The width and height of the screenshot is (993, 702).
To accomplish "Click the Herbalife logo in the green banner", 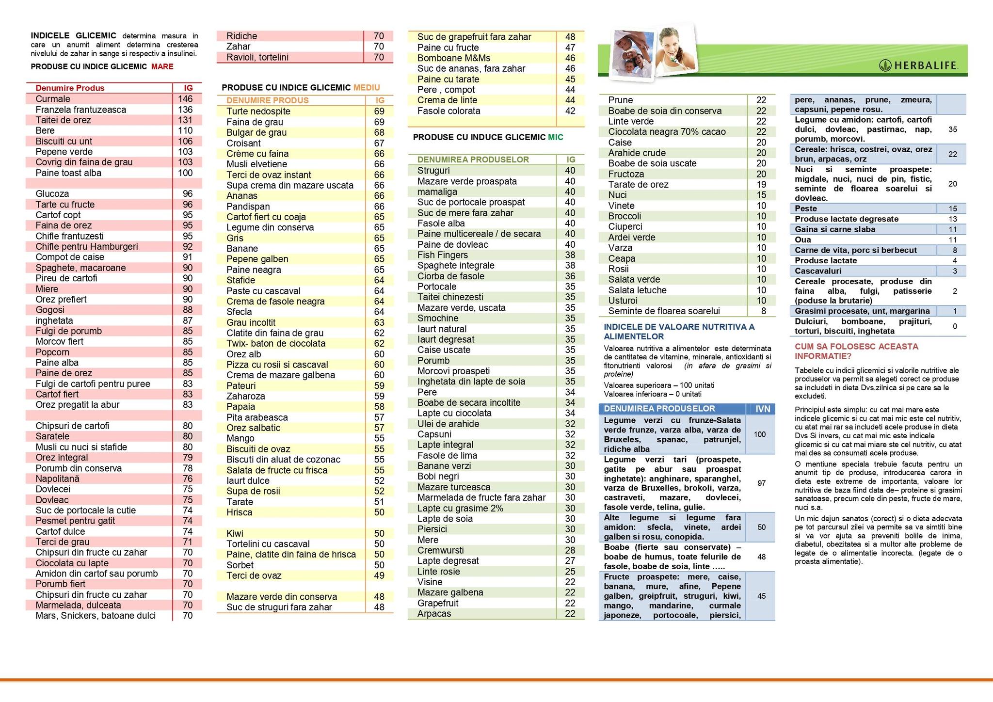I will click(x=918, y=65).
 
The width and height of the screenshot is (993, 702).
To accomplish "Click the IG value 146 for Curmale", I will click(x=185, y=99).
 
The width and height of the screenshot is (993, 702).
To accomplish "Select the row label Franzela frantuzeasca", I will click(x=80, y=110).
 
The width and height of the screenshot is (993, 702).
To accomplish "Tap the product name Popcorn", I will click(x=52, y=352).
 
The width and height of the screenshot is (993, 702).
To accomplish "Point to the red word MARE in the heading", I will click(x=162, y=66).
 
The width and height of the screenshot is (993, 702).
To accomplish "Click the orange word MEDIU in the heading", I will click(x=367, y=88).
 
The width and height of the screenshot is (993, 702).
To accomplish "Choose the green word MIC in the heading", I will click(x=556, y=137).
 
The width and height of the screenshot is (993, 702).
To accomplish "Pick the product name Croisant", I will click(x=243, y=143).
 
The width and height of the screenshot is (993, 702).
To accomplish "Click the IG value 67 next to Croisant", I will click(x=379, y=143).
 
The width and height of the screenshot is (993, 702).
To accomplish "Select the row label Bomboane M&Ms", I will click(x=454, y=58).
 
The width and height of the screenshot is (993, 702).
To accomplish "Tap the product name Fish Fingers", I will click(x=443, y=255).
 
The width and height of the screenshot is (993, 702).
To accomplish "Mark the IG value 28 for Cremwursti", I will click(x=570, y=550).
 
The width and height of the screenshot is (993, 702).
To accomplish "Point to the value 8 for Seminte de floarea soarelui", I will click(x=764, y=311).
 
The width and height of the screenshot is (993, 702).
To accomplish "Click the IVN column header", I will click(x=763, y=409).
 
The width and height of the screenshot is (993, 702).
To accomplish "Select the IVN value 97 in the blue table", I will click(x=761, y=483).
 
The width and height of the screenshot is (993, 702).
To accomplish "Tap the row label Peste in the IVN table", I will click(x=806, y=208).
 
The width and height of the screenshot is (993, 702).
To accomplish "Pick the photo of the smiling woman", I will click(x=675, y=51).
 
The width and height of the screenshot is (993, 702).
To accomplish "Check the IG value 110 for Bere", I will click(x=185, y=130).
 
